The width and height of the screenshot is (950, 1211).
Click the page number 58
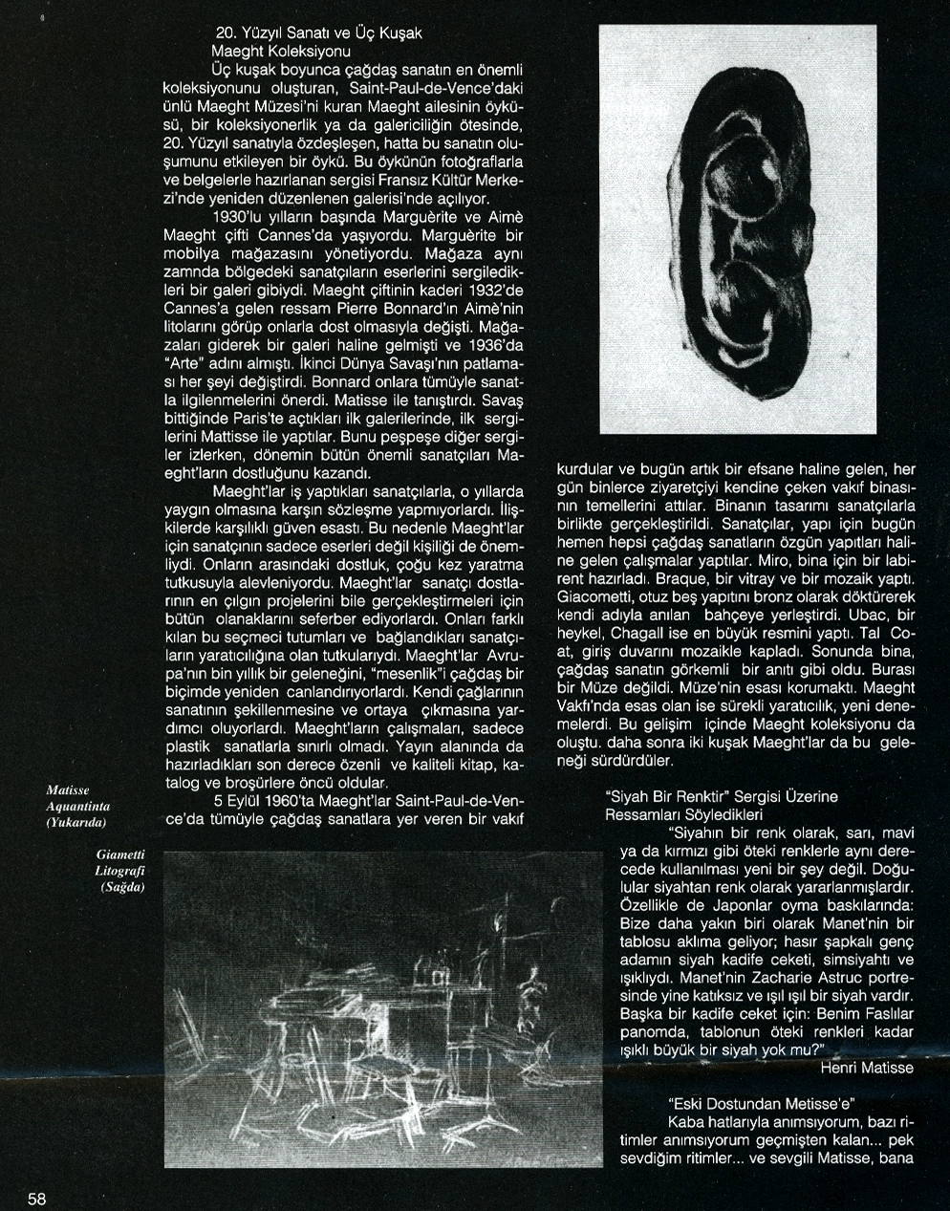tap(37, 1200)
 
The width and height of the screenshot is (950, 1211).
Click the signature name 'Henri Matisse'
tap(866, 1067)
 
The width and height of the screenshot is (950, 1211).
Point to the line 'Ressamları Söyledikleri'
tap(683, 814)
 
